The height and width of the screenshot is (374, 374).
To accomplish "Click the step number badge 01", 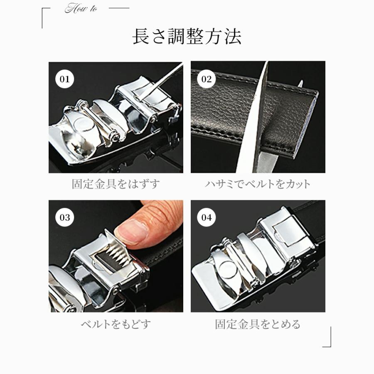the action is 64,79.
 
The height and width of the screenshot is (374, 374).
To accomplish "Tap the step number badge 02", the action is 206,79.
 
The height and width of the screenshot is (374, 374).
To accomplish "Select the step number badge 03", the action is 64,217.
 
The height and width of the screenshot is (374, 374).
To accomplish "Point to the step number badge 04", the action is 206,217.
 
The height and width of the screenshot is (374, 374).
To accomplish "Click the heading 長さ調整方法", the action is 187,37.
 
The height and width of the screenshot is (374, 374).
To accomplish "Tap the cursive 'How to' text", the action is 81,9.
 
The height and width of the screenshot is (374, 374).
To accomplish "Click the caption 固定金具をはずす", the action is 116,184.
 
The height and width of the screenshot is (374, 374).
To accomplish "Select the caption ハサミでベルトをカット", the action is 258,184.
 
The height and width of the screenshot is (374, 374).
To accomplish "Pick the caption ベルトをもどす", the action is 116,324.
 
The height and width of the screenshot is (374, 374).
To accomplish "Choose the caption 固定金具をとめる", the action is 258,324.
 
